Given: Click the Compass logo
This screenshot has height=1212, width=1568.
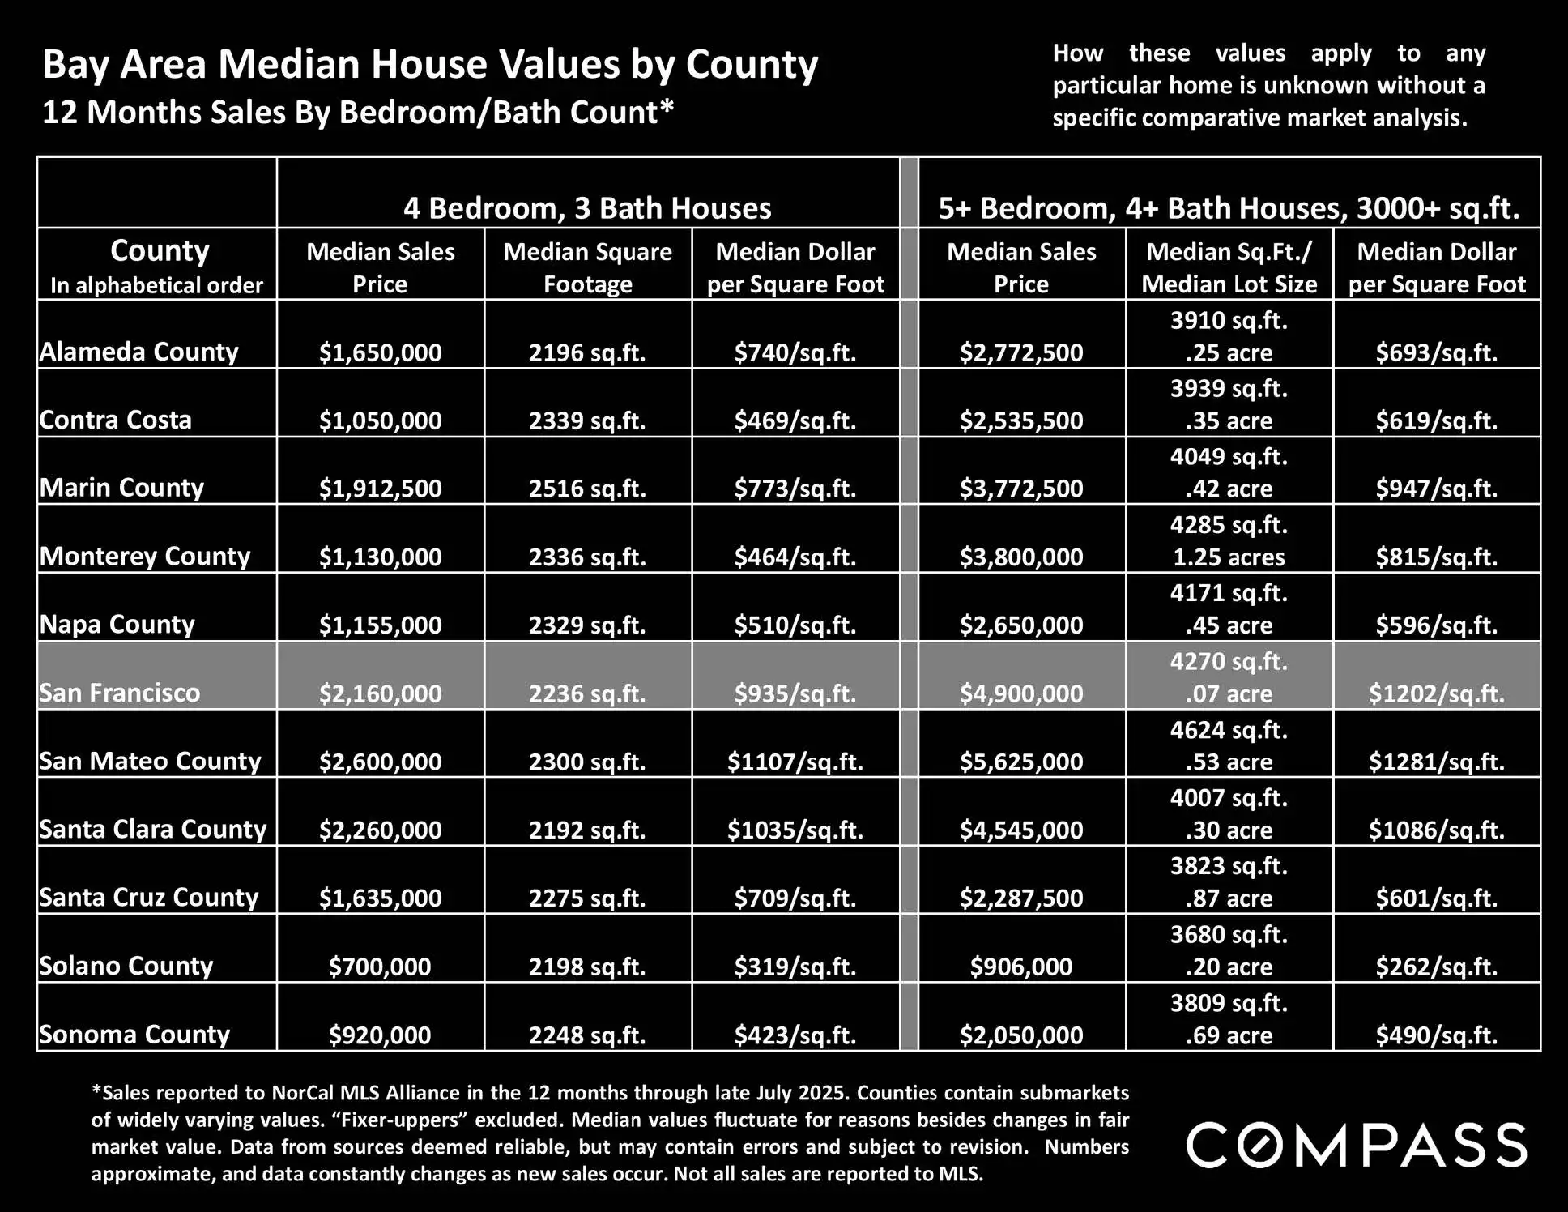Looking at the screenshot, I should (x=1357, y=1145).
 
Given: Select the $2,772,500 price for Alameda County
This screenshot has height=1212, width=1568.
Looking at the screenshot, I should (x=1020, y=352).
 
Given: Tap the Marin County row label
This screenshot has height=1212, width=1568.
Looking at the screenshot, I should (x=121, y=488).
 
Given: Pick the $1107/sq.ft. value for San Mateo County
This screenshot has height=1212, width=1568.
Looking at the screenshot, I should (x=795, y=762).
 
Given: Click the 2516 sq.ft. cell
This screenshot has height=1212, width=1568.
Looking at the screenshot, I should (x=587, y=489).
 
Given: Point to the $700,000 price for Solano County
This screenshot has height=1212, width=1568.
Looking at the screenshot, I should (x=379, y=966).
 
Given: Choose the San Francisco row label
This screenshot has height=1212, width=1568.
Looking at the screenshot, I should (x=119, y=693).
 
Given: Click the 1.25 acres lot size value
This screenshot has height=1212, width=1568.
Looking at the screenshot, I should (x=1229, y=557).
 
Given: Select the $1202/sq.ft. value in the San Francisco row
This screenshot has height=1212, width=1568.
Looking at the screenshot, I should (x=1436, y=693).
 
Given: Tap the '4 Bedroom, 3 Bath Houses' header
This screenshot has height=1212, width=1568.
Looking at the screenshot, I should (x=587, y=208).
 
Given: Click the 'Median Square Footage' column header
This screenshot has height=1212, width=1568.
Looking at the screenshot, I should (x=587, y=267).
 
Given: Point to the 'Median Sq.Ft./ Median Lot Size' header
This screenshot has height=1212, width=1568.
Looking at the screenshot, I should (x=1229, y=267).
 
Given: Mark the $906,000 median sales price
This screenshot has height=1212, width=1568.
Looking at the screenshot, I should (x=1020, y=966).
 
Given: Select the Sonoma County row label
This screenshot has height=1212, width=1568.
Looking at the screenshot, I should (x=134, y=1035).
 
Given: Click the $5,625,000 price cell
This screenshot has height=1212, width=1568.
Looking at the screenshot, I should (x=1020, y=762).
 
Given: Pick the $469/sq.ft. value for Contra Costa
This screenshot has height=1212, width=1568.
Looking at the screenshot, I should (x=795, y=420).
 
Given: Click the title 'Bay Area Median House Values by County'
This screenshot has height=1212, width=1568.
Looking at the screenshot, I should (x=429, y=65).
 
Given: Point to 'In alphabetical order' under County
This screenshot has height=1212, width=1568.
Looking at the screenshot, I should (x=156, y=285).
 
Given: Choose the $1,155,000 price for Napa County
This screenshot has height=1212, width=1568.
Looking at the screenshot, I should (x=379, y=625).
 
